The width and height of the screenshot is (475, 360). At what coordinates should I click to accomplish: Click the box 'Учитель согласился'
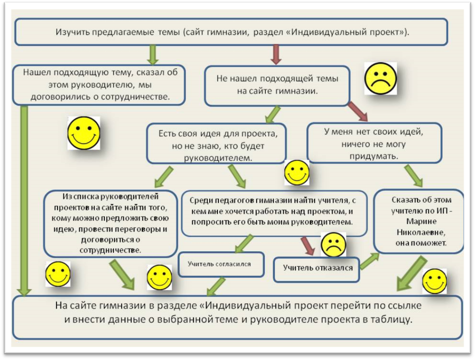pyautogui.click(x=221, y=264)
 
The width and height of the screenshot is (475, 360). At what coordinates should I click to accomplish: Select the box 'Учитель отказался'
pyautogui.click(x=317, y=269)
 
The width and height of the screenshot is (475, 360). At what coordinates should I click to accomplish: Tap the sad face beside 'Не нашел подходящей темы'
pyautogui.click(x=380, y=78)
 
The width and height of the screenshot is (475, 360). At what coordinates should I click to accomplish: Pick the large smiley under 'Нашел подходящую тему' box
pyautogui.click(x=84, y=133)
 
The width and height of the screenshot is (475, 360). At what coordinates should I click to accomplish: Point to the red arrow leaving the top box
pyautogui.click(x=275, y=55)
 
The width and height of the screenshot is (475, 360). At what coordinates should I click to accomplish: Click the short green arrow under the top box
pyautogui.click(x=153, y=55)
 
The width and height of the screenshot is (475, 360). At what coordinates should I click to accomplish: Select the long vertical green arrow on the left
pyautogui.click(x=24, y=201)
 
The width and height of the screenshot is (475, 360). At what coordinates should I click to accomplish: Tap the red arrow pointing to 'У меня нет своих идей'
pyautogui.click(x=358, y=111)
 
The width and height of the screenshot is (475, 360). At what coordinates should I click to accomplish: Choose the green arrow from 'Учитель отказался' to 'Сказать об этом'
pyautogui.click(x=370, y=261)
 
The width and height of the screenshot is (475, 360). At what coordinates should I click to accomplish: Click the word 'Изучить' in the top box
pyautogui.click(x=72, y=32)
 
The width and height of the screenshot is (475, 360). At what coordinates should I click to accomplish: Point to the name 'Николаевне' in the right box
pyautogui.click(x=421, y=232)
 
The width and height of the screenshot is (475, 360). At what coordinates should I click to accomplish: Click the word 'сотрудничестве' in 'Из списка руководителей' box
pyautogui.click(x=111, y=251)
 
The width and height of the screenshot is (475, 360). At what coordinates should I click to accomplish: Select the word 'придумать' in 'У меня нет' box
pyautogui.click(x=374, y=156)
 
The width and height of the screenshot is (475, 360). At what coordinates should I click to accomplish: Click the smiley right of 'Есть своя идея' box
pyautogui.click(x=297, y=173)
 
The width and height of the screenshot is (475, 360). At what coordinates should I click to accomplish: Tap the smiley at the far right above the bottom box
pyautogui.click(x=434, y=281)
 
